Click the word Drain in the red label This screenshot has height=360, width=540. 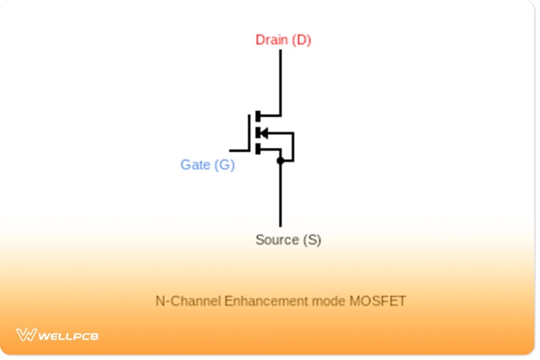[x=271, y=40]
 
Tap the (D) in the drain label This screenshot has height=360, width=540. [x=301, y=40]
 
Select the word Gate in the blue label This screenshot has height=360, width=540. [x=195, y=165]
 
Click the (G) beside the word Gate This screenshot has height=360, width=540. [x=224, y=165]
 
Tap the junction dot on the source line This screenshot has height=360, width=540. [x=280, y=161]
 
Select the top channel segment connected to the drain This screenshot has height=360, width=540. [x=258, y=116]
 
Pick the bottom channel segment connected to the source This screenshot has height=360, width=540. [x=258, y=149]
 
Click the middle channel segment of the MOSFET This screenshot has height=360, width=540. [x=258, y=133]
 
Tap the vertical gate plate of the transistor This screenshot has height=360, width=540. [x=249, y=132]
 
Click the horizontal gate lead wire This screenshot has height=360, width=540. [x=239, y=150]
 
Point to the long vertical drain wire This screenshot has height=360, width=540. [x=280, y=81]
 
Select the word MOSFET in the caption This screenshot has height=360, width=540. [x=378, y=301]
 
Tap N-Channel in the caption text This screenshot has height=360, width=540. [x=189, y=301]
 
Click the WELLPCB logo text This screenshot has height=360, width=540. [x=68, y=336]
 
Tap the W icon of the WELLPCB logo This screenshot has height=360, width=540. [x=27, y=335]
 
